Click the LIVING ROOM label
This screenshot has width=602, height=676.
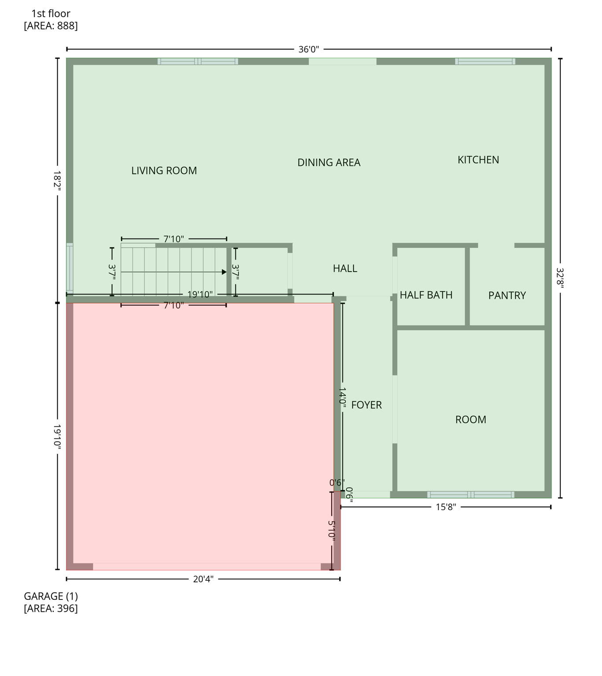pos(164,171)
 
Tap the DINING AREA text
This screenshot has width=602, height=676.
pos(329,163)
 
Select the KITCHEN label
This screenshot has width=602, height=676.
pos(478,160)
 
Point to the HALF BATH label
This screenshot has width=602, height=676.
pos(426,295)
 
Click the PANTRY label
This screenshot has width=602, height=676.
pos(507,295)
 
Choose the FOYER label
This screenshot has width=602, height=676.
pos(366,405)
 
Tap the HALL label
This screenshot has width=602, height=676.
pos(345,268)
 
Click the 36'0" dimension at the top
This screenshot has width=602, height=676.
pos(308,49)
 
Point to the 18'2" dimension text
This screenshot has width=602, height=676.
pos(57,180)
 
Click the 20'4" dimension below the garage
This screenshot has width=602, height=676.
pos(203,579)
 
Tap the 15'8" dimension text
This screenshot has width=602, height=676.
pos(446,507)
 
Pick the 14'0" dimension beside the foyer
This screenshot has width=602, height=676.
pos(343,397)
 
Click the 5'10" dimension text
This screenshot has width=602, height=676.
pos(332,530)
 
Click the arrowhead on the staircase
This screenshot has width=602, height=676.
pos(224,272)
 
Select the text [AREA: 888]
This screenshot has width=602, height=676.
pos(51,26)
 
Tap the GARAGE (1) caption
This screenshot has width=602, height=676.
pos(51,596)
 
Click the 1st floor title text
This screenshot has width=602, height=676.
pos(51,14)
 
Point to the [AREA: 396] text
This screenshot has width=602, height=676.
pos(51,609)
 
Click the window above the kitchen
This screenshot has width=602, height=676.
pos(485,62)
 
